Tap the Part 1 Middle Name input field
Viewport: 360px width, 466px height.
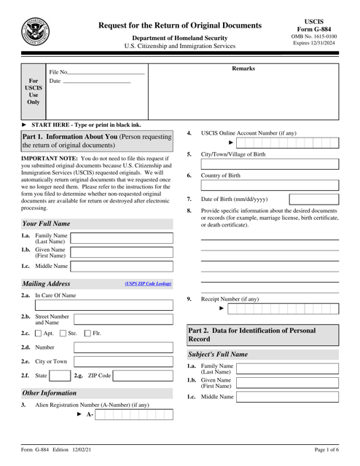click(122, 266)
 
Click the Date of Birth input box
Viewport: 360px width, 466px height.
click(314, 199)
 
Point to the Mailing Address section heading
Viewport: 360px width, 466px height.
click(46, 283)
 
